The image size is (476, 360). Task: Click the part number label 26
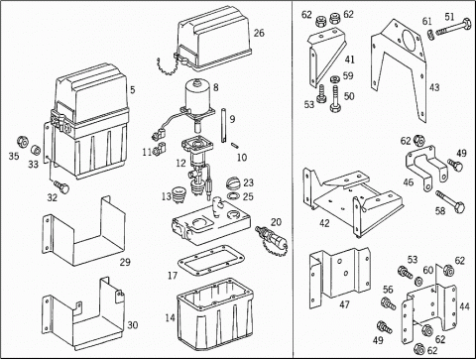tap(259, 33)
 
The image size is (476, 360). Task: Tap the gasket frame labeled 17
tap(211, 260)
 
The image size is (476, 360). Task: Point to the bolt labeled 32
tap(61, 185)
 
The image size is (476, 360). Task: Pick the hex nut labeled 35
tap(23, 142)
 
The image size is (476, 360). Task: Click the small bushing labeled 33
tap(36, 150)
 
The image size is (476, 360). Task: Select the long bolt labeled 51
tap(453, 28)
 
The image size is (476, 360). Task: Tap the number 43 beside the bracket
tap(434, 87)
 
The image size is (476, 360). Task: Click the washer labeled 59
tap(335, 79)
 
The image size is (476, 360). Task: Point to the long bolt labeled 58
tap(450, 201)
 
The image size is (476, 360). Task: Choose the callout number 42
tap(324, 223)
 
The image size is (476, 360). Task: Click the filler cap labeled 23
tap(234, 182)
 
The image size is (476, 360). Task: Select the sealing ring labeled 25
tap(234, 196)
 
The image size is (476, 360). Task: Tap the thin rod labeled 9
tap(223, 126)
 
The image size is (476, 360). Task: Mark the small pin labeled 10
tap(236, 145)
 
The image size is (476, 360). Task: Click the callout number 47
tap(344, 304)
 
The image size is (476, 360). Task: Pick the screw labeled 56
tap(389, 303)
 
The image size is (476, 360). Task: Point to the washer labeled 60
tap(418, 282)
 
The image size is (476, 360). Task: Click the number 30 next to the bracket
tap(132, 325)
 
